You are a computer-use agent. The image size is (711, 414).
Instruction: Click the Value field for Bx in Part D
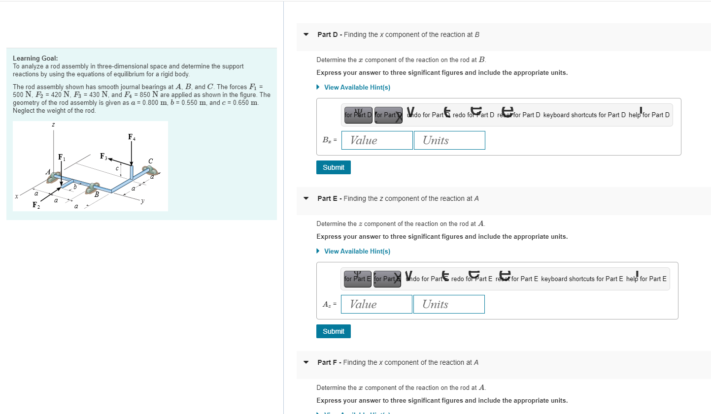coord(377,140)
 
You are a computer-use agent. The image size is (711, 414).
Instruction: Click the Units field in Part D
coord(449,140)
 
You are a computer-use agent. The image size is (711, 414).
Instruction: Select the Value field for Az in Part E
coord(376,304)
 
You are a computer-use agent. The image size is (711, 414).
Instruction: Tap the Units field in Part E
coord(449,304)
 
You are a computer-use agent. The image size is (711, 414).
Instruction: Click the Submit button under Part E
coord(334,331)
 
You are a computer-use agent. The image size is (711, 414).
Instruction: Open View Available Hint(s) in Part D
coord(357,87)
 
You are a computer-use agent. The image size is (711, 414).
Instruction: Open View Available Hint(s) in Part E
coord(357,251)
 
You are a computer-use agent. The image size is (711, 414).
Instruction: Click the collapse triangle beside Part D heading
coord(306,34)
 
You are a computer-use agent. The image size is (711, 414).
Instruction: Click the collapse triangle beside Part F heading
coord(306,362)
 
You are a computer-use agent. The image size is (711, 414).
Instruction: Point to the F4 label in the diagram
coord(132,137)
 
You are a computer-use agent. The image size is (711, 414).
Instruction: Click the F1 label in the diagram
coord(62,157)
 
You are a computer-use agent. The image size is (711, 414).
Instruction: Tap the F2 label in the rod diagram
coord(36,205)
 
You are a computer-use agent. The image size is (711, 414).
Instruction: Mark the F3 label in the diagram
coord(103,156)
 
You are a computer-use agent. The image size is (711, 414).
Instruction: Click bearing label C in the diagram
coord(151,161)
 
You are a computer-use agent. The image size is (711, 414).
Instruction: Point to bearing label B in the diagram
coord(97,194)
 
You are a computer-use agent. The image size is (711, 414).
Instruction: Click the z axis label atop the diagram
coord(53,125)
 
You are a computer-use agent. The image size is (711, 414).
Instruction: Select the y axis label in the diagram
coord(142,200)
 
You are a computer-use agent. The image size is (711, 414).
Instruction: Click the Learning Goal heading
coord(35,58)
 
